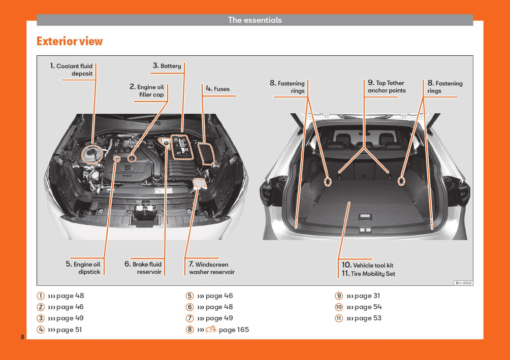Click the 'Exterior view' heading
pos(70,42)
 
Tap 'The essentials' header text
pos(254,20)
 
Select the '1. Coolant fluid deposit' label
pos(71,70)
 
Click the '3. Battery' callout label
pos(167,66)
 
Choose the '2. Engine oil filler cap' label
pos(147,91)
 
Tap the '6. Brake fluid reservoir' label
pos(143,268)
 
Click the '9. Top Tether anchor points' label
pos(387,87)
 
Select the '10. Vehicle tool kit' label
pos(367,265)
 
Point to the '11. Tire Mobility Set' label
pos(368,274)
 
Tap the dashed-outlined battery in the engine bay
pos(180,147)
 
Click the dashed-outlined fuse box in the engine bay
pos(207,154)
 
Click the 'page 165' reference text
pos(234,330)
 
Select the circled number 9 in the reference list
pos(338,296)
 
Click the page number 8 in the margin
pos(22,337)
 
